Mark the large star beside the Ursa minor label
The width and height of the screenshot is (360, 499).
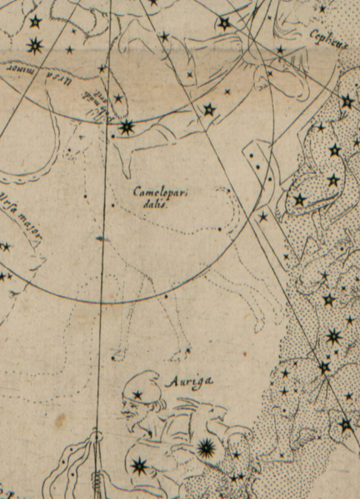point(127,127)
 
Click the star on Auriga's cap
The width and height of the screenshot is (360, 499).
point(137,394)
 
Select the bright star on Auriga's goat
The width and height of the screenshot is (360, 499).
point(205,449)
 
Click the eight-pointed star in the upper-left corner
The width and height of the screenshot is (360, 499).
point(34,46)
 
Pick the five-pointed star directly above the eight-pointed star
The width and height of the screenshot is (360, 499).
point(35,21)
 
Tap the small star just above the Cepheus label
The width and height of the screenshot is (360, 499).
point(322,8)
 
